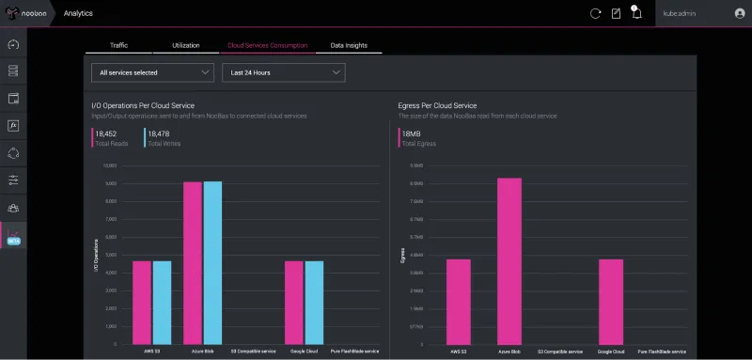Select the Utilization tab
coord(186,45)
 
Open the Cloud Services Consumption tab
coord(267,45)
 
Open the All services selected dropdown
coord(153,72)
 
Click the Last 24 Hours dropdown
coord(283,72)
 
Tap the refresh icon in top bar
coord(595,13)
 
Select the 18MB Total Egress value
coord(412,134)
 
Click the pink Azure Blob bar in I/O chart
coord(193,263)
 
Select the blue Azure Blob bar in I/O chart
coord(213,263)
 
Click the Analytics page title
coord(78,14)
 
